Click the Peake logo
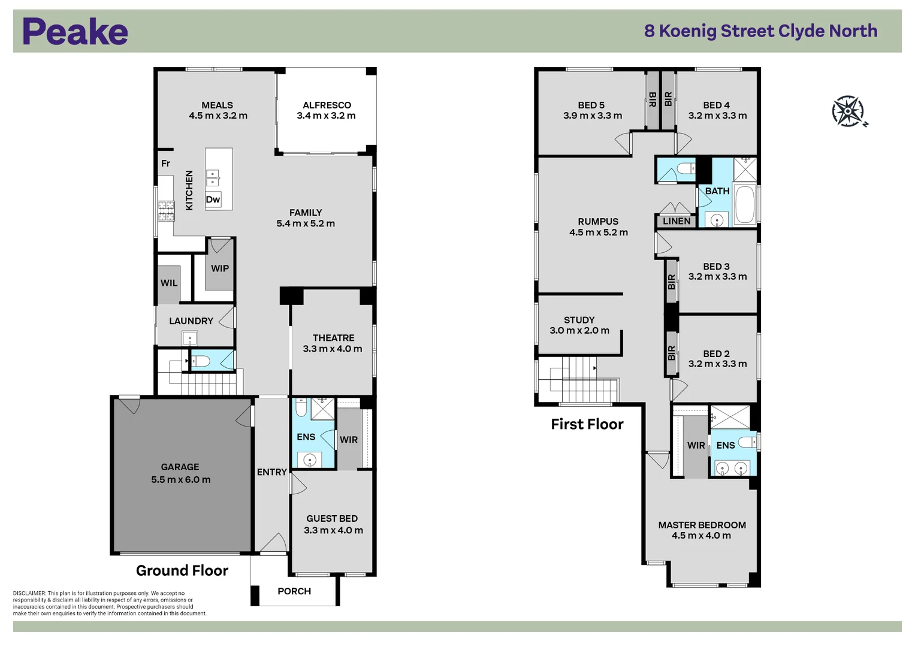click(75, 32)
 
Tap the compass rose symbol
click(848, 111)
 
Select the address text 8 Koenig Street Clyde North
click(760, 31)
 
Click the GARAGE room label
click(180, 467)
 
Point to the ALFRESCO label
click(327, 105)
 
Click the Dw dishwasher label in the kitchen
click(213, 199)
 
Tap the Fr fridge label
click(165, 164)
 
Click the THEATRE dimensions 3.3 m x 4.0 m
click(333, 349)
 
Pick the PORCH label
click(294, 591)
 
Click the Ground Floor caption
click(182, 570)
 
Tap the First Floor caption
click(587, 424)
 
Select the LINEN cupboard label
click(677, 221)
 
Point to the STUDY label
click(579, 320)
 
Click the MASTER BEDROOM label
click(702, 525)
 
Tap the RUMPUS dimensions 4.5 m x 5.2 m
click(599, 232)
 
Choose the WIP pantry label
click(220, 268)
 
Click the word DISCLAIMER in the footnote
click(29, 593)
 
